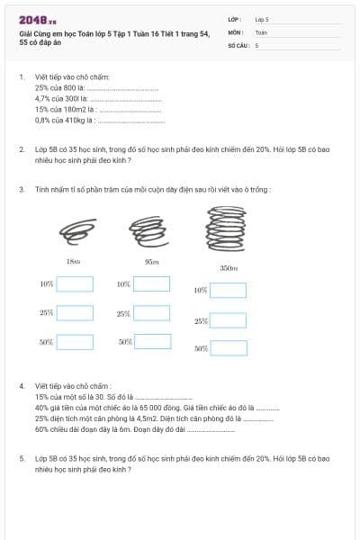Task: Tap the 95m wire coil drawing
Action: [x=146, y=232]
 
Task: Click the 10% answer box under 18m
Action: [x=75, y=283]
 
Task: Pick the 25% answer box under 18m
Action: [x=75, y=312]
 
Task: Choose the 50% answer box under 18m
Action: [x=75, y=342]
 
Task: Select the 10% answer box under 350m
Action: [x=228, y=290]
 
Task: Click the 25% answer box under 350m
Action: [x=228, y=320]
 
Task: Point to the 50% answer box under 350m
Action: [x=228, y=347]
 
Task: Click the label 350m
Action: [x=228, y=267]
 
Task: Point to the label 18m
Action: [x=74, y=261]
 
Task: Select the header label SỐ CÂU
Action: [x=238, y=44]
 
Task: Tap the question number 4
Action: [x=22, y=385]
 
